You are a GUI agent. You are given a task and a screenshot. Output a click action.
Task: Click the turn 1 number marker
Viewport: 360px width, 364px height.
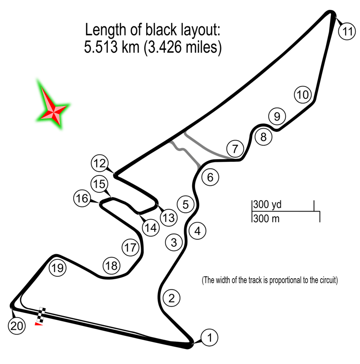pos(210,337)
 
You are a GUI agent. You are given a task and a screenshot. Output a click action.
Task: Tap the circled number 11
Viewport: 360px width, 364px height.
pos(347,32)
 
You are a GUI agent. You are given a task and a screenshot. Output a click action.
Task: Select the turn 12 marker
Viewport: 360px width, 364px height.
pos(99,164)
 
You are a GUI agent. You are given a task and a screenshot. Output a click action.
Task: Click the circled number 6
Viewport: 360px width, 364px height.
pos(210,177)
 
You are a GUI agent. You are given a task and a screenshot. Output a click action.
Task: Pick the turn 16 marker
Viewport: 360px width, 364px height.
pos(82,199)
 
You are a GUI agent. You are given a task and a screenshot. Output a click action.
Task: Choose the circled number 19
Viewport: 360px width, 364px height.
pos(57,268)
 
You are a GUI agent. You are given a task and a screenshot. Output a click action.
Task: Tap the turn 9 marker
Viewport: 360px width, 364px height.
pos(277,116)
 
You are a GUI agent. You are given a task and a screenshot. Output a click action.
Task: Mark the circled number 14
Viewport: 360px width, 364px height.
pos(150,228)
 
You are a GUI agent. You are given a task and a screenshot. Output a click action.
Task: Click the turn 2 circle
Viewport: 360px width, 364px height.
pos(172,297)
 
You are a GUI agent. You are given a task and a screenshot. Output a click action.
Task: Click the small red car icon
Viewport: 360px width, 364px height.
pos(40,324)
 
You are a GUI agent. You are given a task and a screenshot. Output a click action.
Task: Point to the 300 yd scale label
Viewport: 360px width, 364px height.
pos(265,205)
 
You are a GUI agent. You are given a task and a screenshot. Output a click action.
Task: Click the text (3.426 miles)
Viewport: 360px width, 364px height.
pos(180,48)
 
